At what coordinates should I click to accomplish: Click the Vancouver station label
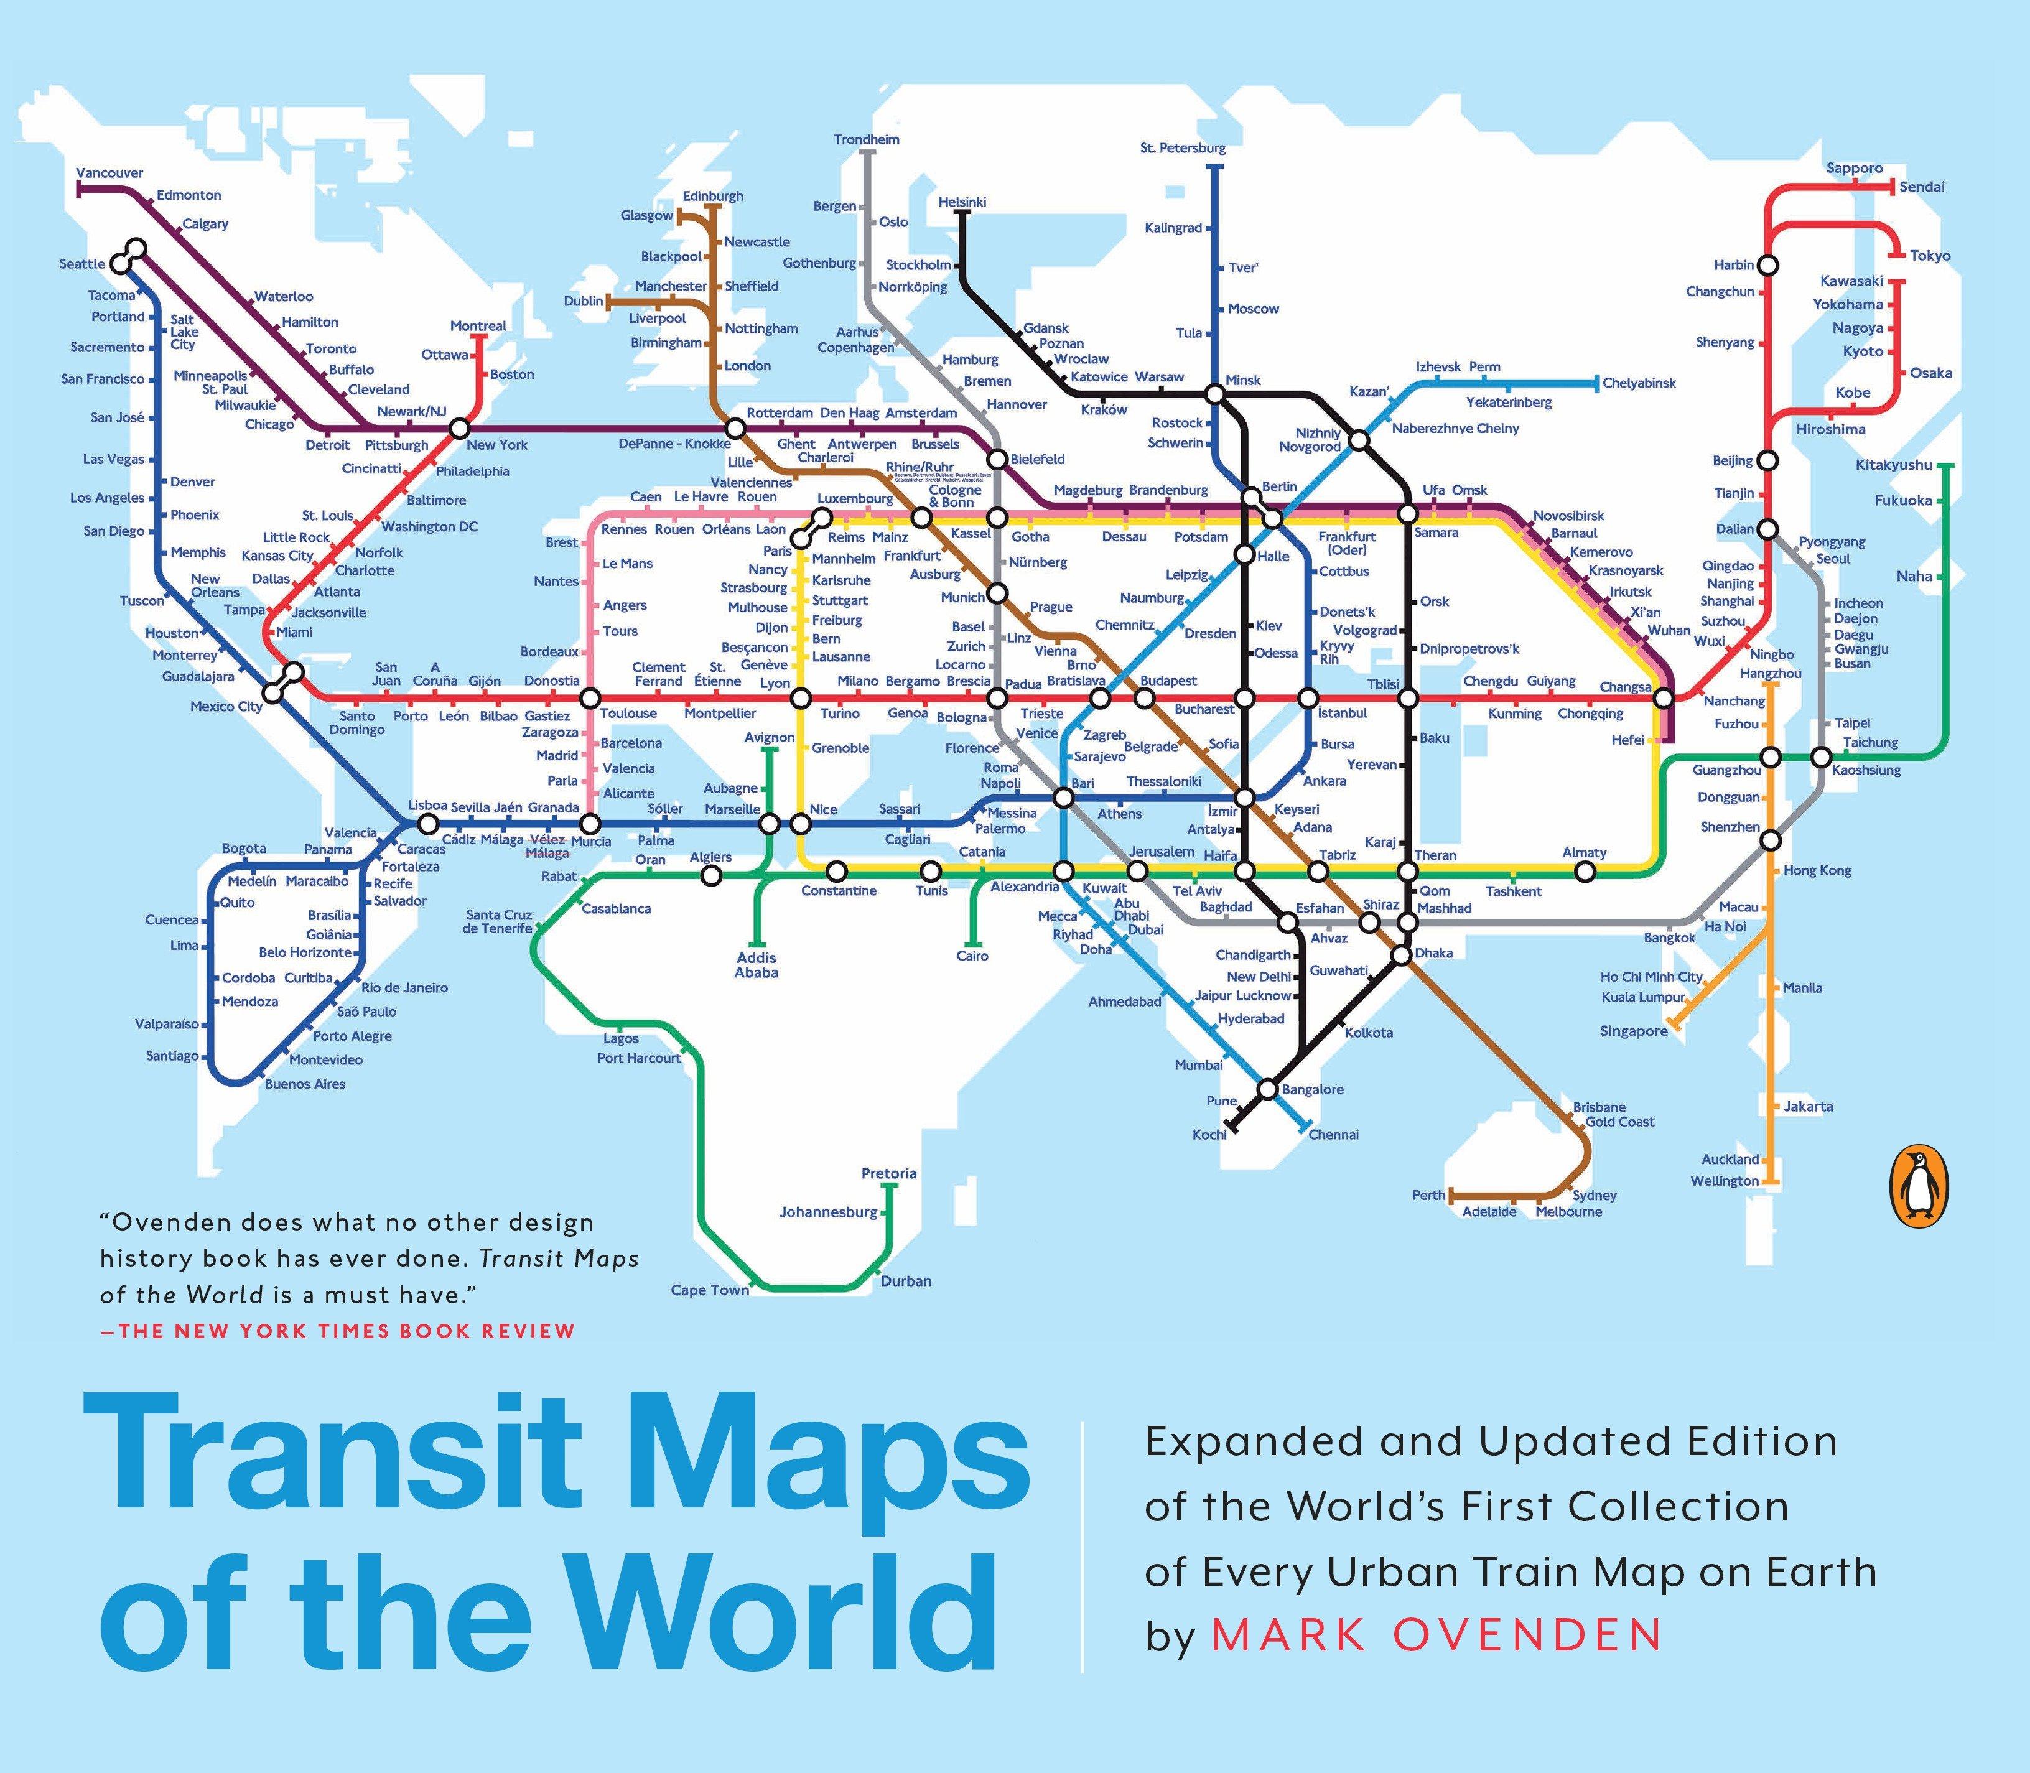(110, 173)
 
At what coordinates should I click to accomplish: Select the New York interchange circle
(459, 429)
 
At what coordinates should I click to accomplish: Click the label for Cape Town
(709, 1290)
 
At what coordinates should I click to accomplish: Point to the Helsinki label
(962, 202)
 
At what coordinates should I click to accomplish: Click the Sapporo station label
(1854, 168)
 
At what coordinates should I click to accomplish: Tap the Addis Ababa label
(756, 965)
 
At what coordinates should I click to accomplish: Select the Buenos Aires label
(305, 1083)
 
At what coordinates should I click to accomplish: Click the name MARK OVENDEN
(1436, 1634)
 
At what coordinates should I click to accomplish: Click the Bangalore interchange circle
(1267, 1089)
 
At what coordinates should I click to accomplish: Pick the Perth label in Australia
(1428, 1195)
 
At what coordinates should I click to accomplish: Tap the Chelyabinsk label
(1639, 383)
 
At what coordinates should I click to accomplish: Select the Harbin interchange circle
(1768, 265)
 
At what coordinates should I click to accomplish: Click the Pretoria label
(888, 1173)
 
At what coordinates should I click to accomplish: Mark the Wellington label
(1725, 1180)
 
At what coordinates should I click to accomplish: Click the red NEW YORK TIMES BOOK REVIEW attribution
(337, 1331)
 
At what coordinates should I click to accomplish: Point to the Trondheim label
(867, 139)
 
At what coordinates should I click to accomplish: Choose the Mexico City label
(226, 707)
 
